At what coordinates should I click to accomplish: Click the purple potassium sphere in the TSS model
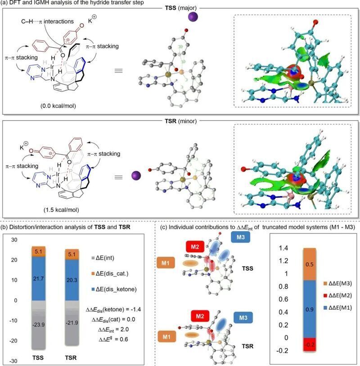[x=193, y=17]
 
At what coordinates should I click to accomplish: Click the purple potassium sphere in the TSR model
[x=136, y=176]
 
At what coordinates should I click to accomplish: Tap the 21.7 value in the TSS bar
[x=38, y=278]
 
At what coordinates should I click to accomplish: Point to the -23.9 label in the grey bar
[x=38, y=325]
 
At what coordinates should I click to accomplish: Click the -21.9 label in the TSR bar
[x=72, y=323]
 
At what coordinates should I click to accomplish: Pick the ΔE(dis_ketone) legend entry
[x=114, y=289]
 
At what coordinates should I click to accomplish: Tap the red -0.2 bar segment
[x=310, y=344]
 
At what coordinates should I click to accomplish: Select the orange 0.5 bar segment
[x=310, y=264]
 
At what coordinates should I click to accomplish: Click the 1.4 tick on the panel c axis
[x=283, y=248]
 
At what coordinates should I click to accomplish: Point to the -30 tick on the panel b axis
[x=13, y=361]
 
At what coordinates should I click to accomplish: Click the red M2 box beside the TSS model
[x=195, y=247]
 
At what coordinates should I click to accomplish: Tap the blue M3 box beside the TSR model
[x=243, y=318]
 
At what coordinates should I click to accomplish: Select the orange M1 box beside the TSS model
[x=166, y=263]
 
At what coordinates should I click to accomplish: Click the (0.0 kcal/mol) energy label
[x=58, y=106]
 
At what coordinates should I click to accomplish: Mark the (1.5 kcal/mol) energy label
[x=62, y=210]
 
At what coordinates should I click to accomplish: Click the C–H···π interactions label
[x=47, y=22]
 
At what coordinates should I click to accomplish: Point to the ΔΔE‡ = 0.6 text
[x=113, y=339]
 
